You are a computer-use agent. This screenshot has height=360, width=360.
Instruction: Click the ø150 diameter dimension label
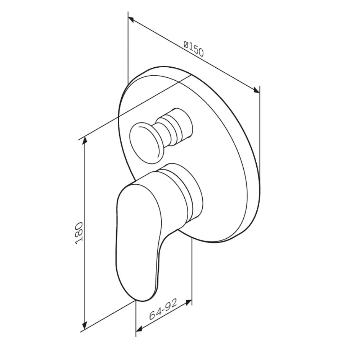click(194, 49)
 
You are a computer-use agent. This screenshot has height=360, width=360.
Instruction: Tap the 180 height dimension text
click(79, 233)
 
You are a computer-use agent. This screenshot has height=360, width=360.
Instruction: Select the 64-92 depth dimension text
click(163, 310)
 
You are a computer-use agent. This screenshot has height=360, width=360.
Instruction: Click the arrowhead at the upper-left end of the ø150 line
click(131, 20)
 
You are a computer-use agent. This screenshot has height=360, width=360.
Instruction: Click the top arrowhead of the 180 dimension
click(85, 140)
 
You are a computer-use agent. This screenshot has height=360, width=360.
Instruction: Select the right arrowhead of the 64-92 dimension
click(189, 302)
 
